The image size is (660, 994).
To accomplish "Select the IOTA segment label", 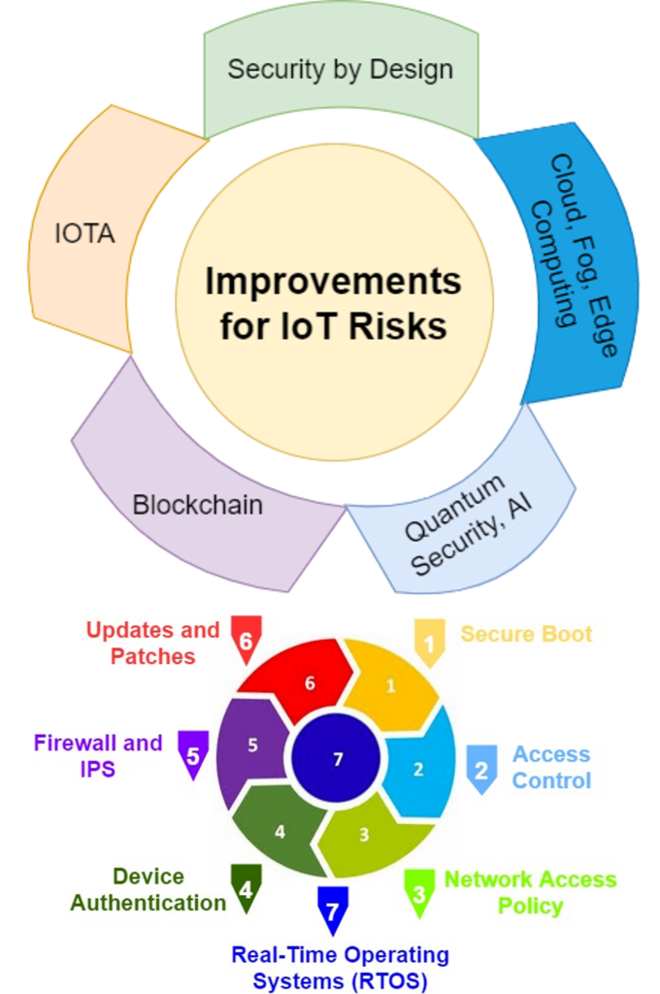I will point(85,234).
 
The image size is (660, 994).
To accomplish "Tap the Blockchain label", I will point(198,506).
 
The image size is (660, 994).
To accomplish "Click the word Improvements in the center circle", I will point(333,282).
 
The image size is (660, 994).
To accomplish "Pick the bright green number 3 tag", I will point(418,892).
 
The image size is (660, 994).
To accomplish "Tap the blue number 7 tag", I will point(332,911).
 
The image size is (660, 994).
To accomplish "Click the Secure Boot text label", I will point(526,635).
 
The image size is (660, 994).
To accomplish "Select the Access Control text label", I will point(551,768).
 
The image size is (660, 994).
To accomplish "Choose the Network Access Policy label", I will point(530,892).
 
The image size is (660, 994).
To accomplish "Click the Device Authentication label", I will point(148,889).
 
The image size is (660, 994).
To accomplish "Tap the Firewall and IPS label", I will point(98,755).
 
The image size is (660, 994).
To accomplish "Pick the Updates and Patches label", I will point(152,643).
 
